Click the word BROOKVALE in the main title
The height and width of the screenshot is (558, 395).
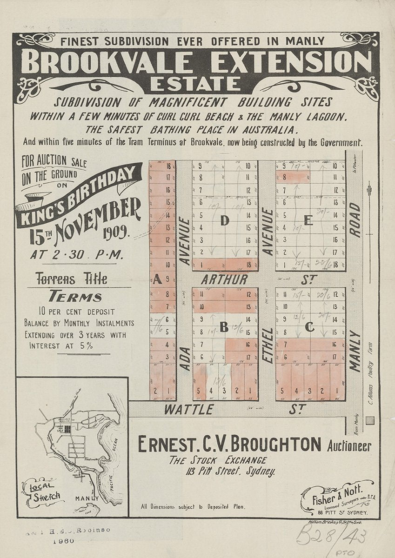point(107,62)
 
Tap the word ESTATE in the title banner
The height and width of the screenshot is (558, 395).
point(195,85)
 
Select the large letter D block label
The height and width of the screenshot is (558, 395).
point(225,221)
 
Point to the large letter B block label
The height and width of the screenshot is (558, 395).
point(224,328)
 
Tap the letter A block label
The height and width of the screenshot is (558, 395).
point(157,279)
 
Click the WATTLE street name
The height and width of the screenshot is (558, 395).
point(188,410)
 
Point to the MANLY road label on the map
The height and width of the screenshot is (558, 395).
point(355,351)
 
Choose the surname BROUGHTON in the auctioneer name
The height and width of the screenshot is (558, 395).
point(275,445)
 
